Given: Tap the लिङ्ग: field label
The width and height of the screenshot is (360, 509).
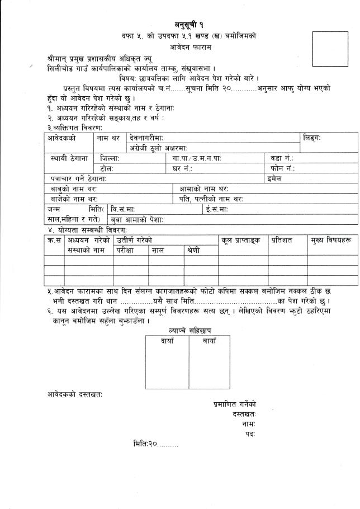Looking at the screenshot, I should [312, 138].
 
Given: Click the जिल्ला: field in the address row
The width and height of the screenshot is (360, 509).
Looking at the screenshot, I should [110, 158].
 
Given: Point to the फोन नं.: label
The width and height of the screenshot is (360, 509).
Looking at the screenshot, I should [282, 168].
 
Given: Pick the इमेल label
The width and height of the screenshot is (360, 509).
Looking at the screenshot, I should [274, 178].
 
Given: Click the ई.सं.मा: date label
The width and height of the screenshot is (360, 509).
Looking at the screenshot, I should [216, 209].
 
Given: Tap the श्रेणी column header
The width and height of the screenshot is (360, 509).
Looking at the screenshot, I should [192, 251].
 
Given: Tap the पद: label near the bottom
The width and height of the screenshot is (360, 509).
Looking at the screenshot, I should [250, 433].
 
